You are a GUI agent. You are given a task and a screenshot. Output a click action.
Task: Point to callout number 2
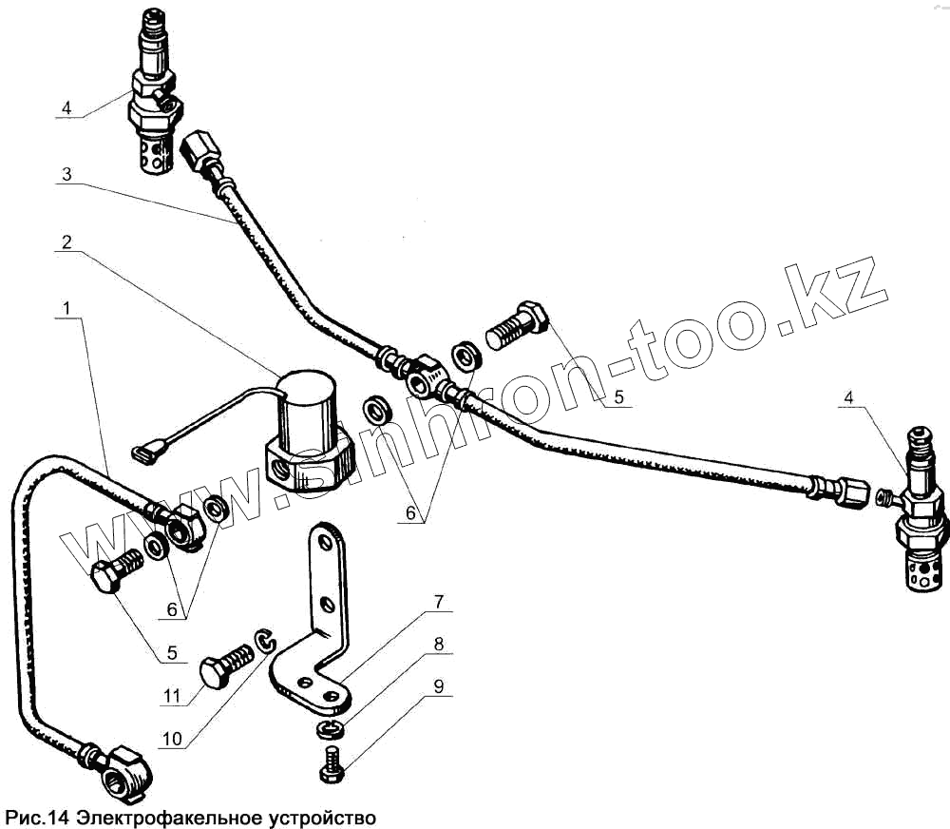66,242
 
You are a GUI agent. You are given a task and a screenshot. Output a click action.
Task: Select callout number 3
66,175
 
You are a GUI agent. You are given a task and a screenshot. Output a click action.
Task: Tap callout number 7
440,601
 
